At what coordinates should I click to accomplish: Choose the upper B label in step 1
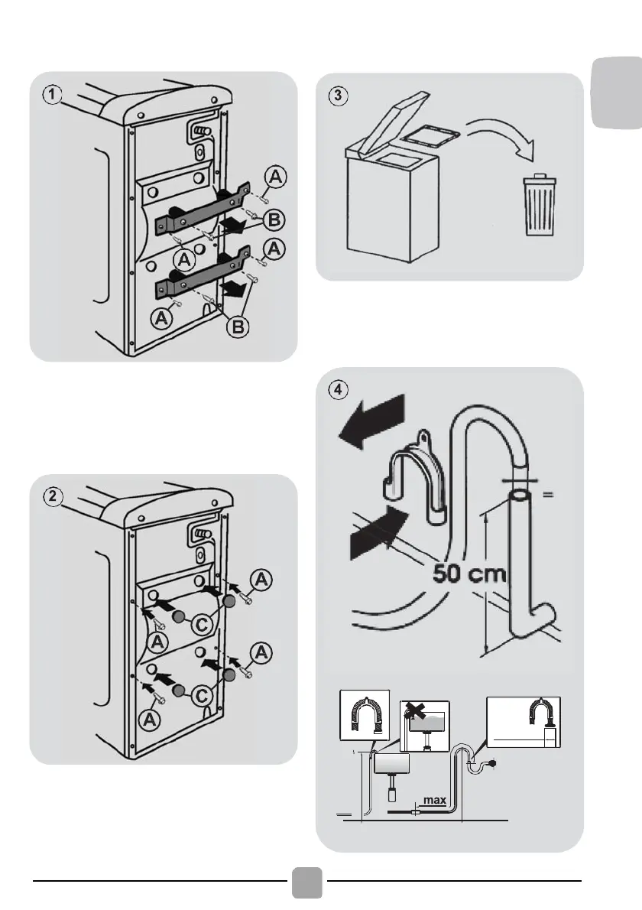275,220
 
